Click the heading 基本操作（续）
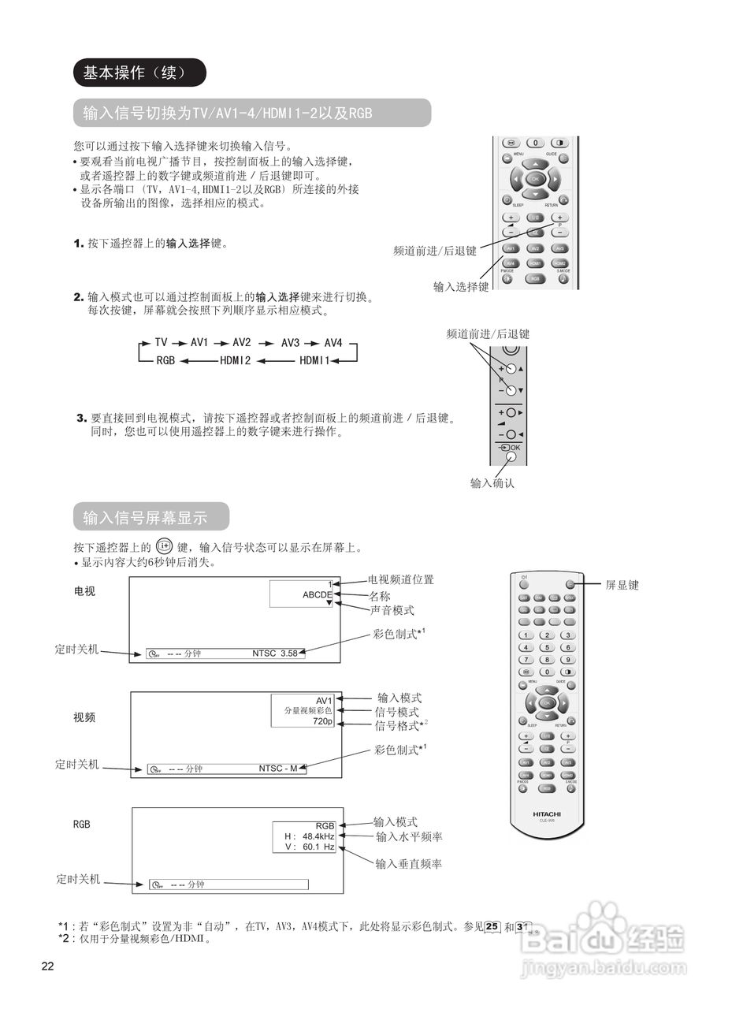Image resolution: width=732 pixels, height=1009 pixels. click(x=139, y=73)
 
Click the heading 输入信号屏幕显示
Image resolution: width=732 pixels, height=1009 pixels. click(x=145, y=518)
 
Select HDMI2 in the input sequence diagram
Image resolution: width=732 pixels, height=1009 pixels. click(x=235, y=361)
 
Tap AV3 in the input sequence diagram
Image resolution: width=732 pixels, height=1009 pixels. click(x=290, y=343)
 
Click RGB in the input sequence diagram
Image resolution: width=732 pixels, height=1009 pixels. click(x=165, y=361)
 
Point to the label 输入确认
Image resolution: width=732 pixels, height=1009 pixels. click(x=492, y=483)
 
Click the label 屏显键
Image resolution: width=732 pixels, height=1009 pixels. click(x=622, y=585)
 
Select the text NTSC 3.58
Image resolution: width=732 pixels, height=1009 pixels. click(x=275, y=653)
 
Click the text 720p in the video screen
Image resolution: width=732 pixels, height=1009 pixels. click(x=322, y=721)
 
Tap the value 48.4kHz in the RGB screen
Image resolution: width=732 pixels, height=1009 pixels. click(x=318, y=836)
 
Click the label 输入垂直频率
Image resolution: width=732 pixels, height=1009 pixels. click(x=409, y=864)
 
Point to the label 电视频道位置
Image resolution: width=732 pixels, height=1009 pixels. click(x=401, y=579)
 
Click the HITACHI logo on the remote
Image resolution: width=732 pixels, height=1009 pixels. click(x=546, y=814)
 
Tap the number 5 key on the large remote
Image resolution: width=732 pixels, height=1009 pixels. click(x=546, y=647)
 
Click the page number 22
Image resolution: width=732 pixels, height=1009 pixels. click(x=48, y=967)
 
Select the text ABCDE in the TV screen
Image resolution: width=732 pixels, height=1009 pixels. click(x=318, y=595)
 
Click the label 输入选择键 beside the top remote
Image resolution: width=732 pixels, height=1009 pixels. click(x=461, y=287)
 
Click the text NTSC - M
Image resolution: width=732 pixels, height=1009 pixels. click(x=278, y=769)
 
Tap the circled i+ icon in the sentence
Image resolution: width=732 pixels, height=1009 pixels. click(x=165, y=545)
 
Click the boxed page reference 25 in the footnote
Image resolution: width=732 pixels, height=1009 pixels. click(x=492, y=927)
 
